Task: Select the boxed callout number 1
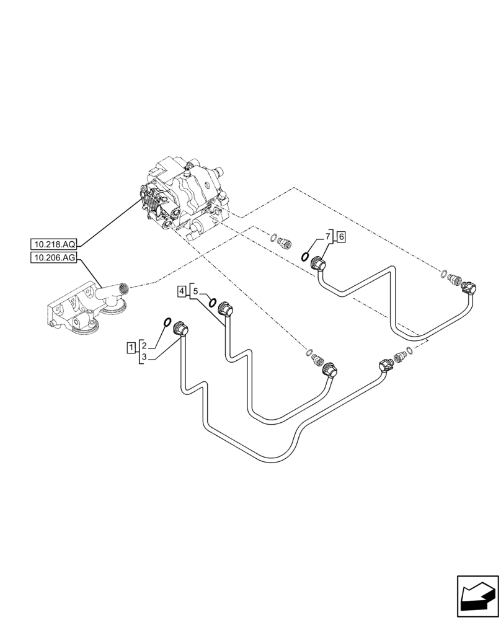coord(132,347)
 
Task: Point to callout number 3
coord(144,357)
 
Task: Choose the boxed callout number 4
coord(181,290)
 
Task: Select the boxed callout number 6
coord(341,236)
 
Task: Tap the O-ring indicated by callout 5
coord(213,303)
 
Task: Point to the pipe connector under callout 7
coord(319,265)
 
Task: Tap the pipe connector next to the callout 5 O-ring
coord(224,309)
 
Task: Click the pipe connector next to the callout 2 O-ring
coord(181,329)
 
